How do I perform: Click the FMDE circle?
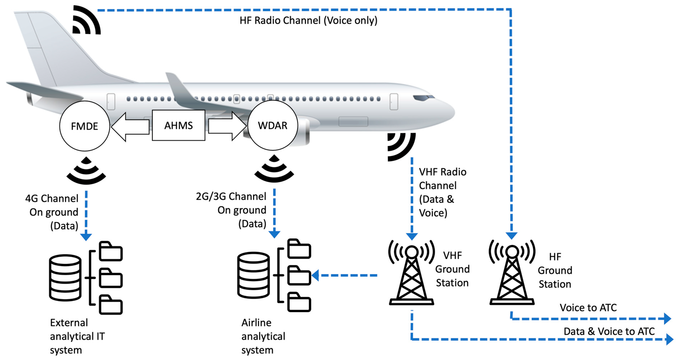click(x=85, y=126)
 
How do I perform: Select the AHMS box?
click(x=179, y=125)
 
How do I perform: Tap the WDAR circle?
click(x=273, y=125)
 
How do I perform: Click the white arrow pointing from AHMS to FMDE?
click(x=130, y=127)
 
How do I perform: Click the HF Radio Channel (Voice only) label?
click(x=308, y=20)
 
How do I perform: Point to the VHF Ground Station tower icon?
click(x=411, y=274)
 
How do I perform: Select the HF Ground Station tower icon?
click(x=512, y=274)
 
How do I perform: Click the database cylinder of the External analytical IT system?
click(x=65, y=278)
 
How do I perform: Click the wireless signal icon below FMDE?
click(x=86, y=171)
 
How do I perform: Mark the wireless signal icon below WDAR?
click(x=274, y=169)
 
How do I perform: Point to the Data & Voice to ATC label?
click(x=609, y=331)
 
